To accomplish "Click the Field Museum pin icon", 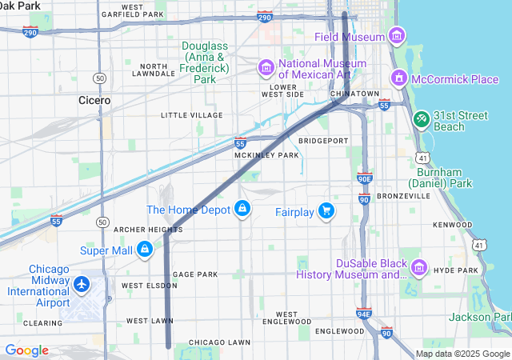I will pyautogui.click(x=395, y=36).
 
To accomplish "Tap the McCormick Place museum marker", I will pyautogui.click(x=398, y=78).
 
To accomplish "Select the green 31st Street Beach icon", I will pyautogui.click(x=421, y=118).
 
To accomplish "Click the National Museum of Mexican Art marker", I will pyautogui.click(x=266, y=67).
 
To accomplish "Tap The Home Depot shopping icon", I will pyautogui.click(x=242, y=210).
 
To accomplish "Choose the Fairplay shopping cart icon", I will pyautogui.click(x=326, y=211).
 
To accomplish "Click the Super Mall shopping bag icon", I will pyautogui.click(x=144, y=250).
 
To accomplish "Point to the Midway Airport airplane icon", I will pyautogui.click(x=81, y=283).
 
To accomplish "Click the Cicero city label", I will pyautogui.click(x=94, y=101).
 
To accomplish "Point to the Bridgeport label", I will pyautogui.click(x=323, y=141).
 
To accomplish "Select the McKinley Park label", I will pyautogui.click(x=266, y=155).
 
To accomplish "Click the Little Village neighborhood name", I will pyautogui.click(x=191, y=115).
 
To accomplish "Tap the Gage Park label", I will pyautogui.click(x=195, y=274).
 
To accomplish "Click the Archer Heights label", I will pyautogui.click(x=148, y=230).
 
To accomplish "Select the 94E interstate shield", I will pyautogui.click(x=364, y=314).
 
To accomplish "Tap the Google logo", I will pyautogui.click(x=26, y=350).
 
